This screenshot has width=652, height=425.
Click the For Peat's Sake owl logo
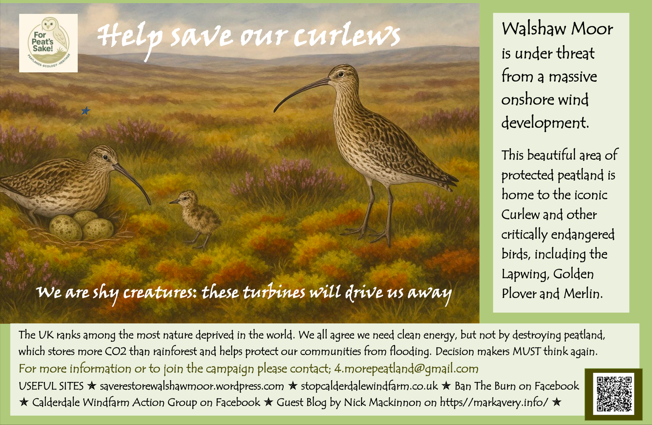pos(48,43)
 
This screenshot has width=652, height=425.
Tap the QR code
pos(614,394)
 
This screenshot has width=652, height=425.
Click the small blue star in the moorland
pos(86,111)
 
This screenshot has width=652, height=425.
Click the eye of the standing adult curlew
pos(341,75)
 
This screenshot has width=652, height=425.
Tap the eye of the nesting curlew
pos(106,157)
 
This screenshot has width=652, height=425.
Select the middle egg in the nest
pos(85,219)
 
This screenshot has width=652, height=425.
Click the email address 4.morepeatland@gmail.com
pos(406,369)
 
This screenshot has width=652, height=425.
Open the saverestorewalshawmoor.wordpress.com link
pos(192,386)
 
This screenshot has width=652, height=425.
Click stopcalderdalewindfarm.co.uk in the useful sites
pos(369,386)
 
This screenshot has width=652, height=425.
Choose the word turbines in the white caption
pos(274,293)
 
